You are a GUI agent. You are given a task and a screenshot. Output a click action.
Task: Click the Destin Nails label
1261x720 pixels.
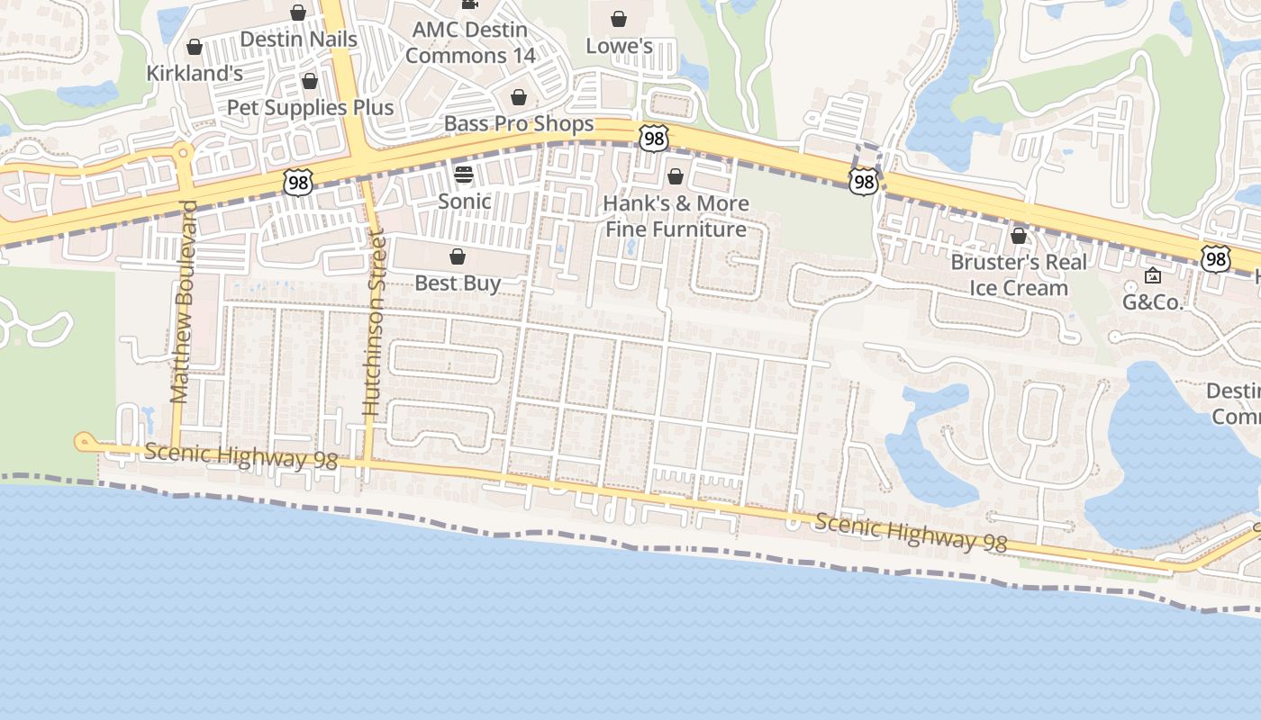click(298, 40)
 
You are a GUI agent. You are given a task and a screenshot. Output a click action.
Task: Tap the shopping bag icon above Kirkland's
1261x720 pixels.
click(195, 47)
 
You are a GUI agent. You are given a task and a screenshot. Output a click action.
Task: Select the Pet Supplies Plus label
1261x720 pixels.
click(310, 107)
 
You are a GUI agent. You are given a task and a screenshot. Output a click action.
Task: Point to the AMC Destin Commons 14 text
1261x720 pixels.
click(469, 42)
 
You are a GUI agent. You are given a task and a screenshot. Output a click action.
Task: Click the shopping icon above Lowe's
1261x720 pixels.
click(619, 19)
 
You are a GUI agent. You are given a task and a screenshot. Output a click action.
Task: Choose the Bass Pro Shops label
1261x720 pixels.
click(519, 123)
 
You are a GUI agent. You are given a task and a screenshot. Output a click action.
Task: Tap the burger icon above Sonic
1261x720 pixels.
click(464, 174)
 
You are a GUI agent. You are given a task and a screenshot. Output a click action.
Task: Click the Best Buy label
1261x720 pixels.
click(458, 283)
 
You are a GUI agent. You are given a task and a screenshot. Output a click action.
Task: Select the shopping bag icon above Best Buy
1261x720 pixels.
click(458, 256)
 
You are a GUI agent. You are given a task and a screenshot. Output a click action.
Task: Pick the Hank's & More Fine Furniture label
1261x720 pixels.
click(676, 216)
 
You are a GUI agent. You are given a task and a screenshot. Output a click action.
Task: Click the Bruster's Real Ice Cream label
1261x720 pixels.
click(1019, 274)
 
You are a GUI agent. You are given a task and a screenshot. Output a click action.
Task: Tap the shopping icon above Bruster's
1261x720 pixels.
click(1019, 236)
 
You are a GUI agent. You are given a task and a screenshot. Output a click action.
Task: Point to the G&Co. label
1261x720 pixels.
click(1152, 302)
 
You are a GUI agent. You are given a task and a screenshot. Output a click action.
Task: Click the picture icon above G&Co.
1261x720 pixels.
click(1152, 275)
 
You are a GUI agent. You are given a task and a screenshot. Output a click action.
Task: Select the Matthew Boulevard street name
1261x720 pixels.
click(181, 301)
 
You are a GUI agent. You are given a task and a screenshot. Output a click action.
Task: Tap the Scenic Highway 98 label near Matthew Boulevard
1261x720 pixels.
click(240, 455)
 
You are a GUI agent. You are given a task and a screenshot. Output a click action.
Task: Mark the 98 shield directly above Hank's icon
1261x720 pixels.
click(654, 138)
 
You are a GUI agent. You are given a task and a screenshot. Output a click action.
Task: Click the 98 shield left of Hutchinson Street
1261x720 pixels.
click(297, 182)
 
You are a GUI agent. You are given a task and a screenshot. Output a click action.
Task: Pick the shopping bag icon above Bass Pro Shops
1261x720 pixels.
click(519, 97)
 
